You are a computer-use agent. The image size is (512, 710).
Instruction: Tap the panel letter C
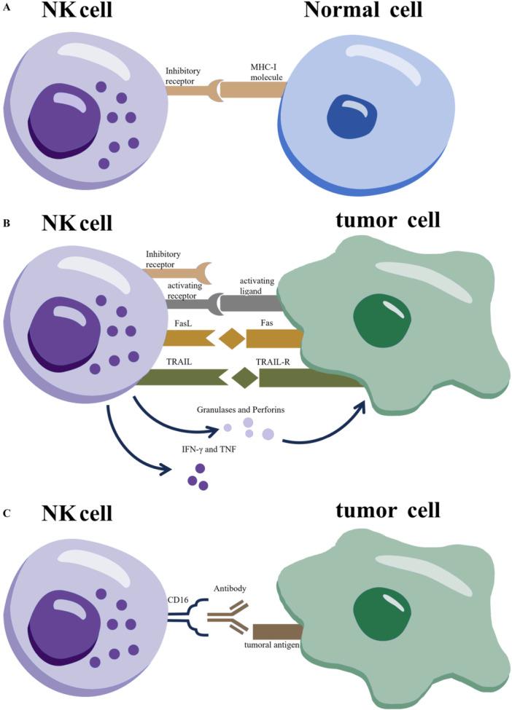pos(7,513)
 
